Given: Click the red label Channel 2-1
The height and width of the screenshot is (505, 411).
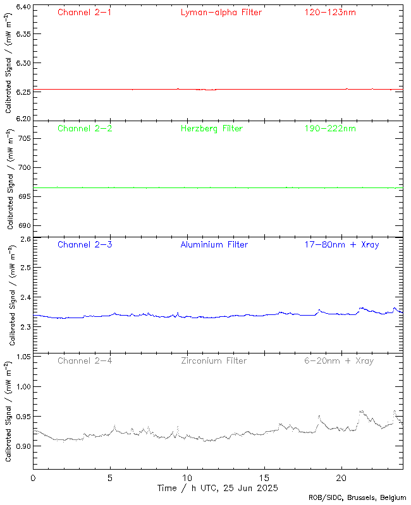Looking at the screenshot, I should click(x=85, y=12).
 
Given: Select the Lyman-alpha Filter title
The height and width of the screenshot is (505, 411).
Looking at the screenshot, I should click(x=221, y=12).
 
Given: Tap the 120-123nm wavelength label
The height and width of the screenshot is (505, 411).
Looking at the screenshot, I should click(x=329, y=12).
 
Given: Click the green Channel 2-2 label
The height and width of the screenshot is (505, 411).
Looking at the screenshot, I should click(x=85, y=129).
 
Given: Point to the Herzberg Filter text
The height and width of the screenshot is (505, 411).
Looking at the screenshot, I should click(x=211, y=129).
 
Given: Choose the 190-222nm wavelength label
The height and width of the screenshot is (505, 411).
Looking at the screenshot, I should click(x=329, y=129).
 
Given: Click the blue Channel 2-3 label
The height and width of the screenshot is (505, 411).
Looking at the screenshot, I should click(x=85, y=245).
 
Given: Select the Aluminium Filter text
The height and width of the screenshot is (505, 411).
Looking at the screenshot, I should click(x=214, y=245).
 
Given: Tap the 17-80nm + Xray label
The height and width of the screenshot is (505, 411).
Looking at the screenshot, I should click(x=342, y=245).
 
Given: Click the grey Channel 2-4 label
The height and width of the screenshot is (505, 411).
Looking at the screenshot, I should click(x=85, y=361).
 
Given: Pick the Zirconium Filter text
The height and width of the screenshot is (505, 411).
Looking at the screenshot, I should click(x=214, y=361).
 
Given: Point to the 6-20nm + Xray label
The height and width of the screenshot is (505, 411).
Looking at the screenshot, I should click(x=338, y=361).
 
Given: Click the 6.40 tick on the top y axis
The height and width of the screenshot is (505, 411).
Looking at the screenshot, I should click(x=22, y=8).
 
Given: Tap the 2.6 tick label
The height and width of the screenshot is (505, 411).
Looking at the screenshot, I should click(x=25, y=240).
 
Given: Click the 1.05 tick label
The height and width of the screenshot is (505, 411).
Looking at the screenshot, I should click(x=22, y=357).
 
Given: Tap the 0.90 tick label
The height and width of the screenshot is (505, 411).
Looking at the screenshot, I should click(x=22, y=446).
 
